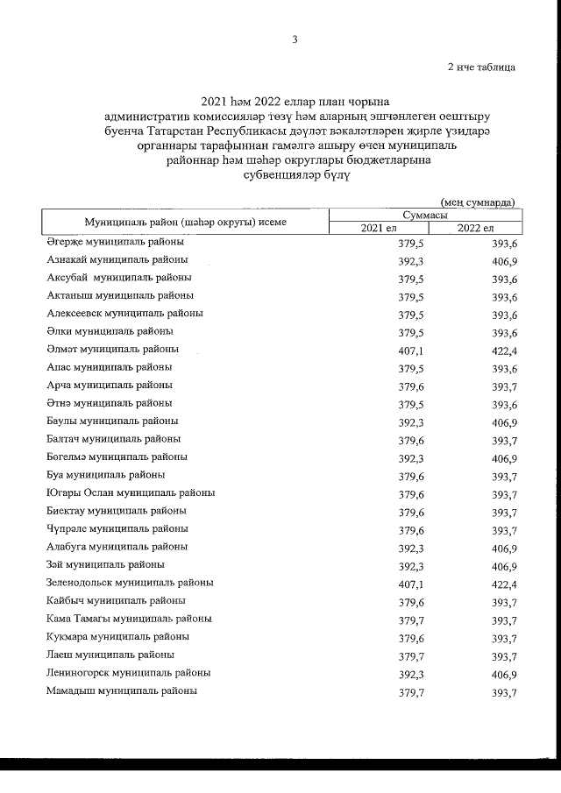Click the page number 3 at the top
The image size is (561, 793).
tap(295, 39)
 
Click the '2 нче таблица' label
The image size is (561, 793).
tap(481, 66)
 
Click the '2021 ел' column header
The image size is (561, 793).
tap(378, 228)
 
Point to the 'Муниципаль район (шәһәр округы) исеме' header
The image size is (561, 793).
tap(185, 222)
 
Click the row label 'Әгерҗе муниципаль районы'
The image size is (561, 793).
tap(115, 242)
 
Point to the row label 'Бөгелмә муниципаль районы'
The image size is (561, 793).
tap(117, 457)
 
